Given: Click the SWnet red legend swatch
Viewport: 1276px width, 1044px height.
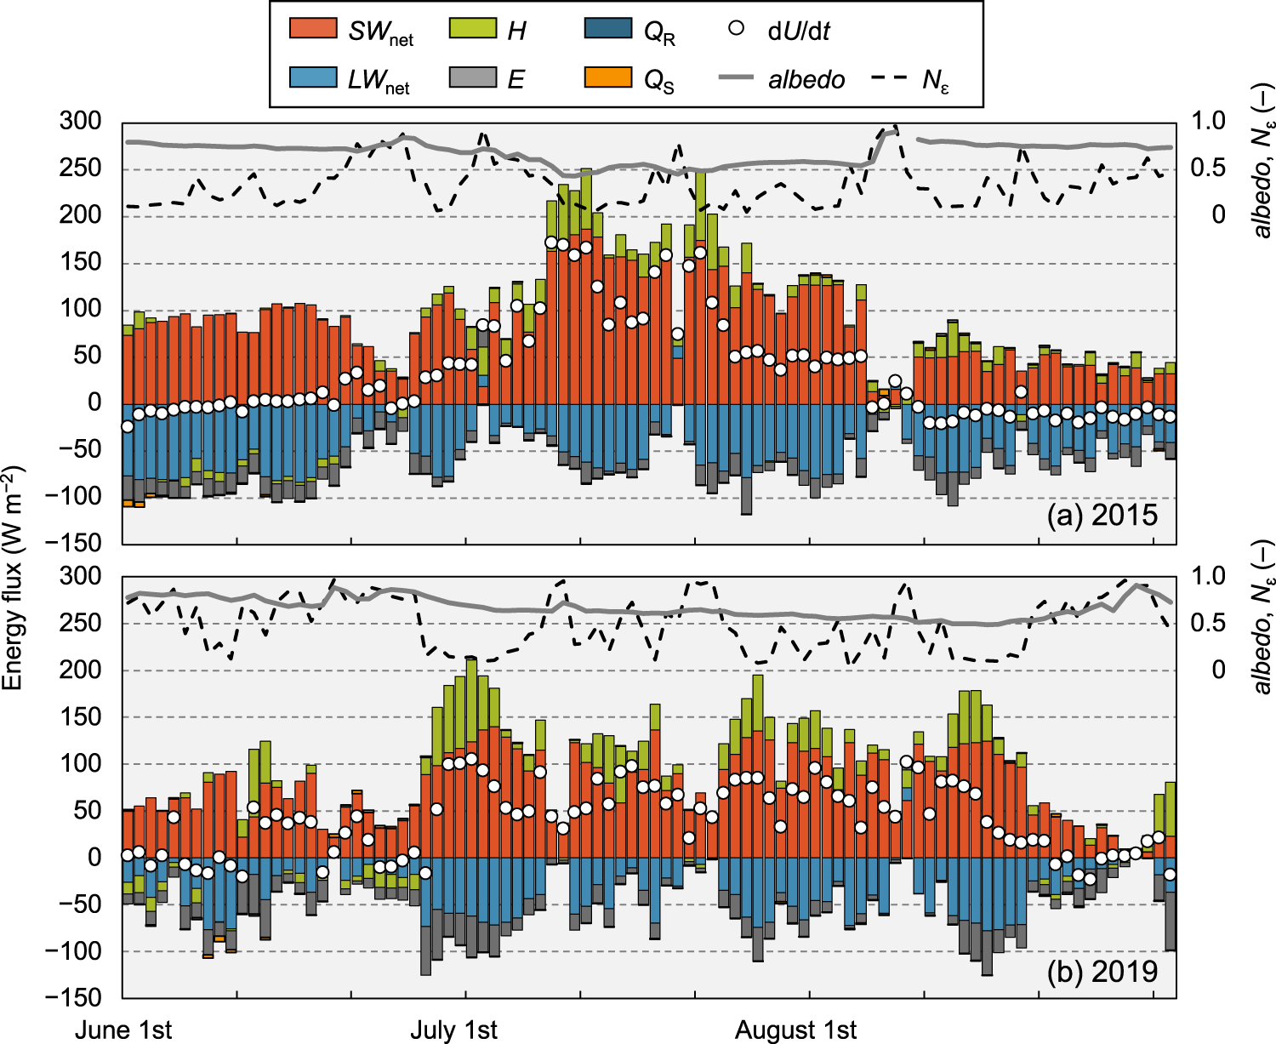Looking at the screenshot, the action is pos(313,28).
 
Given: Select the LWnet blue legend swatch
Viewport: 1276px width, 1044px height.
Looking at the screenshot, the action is pos(313,77).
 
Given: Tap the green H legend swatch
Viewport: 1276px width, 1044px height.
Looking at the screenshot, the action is pos(472,28).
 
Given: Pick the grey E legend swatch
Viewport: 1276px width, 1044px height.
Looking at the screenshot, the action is pos(472,77).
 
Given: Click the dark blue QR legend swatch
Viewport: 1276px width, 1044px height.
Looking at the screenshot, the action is pos(608,28).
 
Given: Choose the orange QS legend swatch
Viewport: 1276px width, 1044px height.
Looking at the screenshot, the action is pos(608,77).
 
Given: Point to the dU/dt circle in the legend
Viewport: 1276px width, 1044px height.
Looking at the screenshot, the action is pos(737,28).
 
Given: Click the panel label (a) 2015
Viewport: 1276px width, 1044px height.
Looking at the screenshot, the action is pos(1102,516).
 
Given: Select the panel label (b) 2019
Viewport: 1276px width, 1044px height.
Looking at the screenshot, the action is pos(1102,971).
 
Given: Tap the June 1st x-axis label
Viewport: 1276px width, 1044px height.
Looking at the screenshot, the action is pos(123,1029).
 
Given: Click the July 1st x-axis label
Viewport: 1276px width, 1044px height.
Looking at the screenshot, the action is pos(453,1029).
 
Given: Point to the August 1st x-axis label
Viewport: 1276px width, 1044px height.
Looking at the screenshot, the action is pos(795,1029).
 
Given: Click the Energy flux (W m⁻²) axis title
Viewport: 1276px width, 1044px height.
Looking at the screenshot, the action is pos(12,579).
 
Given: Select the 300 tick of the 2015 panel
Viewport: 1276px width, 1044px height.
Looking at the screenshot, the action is pos(81,121).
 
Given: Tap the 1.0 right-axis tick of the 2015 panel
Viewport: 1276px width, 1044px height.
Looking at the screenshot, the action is pos(1208,121).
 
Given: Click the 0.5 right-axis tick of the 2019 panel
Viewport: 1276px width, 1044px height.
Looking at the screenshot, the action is pos(1208,624).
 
